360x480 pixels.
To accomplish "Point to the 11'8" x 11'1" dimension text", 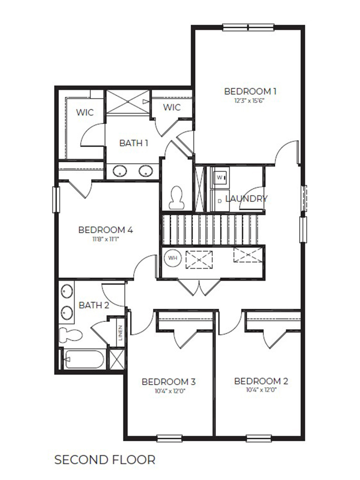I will (x=106, y=239).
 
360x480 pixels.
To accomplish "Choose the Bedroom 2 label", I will (x=261, y=381).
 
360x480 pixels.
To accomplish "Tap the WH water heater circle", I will (x=172, y=258).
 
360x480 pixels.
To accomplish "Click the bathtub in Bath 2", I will (x=84, y=359).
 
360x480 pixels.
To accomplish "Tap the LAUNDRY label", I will (x=246, y=198).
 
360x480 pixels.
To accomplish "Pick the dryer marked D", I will (x=220, y=200).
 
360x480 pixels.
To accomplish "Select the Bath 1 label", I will (x=134, y=143).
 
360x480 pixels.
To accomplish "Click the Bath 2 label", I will (x=94, y=306).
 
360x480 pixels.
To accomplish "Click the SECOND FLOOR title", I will (x=105, y=460).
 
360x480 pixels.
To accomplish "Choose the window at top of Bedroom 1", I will (x=248, y=28).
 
